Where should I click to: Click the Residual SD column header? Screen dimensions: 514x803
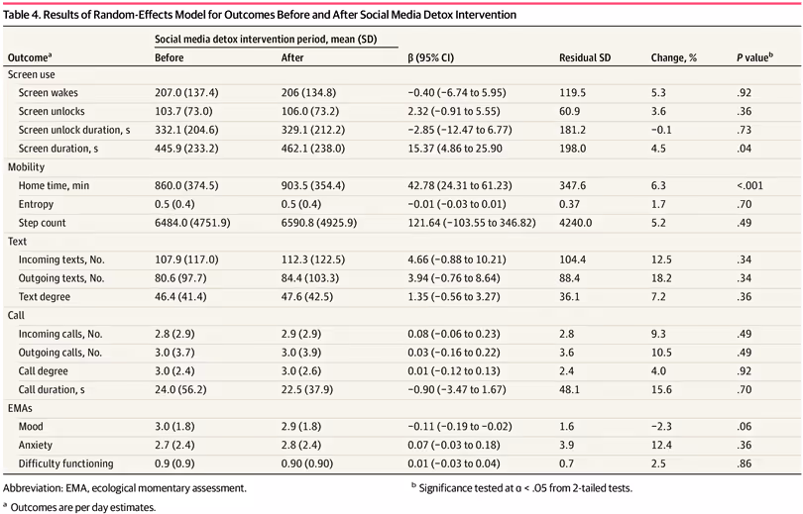click(585, 58)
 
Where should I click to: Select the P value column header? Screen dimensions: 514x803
click(754, 58)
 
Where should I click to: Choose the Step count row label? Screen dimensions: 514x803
click(47, 223)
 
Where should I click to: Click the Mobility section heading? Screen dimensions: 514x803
click(27, 167)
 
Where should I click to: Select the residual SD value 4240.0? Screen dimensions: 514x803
click(576, 223)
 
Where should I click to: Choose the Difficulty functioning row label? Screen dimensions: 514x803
click(66, 463)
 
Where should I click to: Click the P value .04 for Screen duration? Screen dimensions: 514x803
click(745, 148)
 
